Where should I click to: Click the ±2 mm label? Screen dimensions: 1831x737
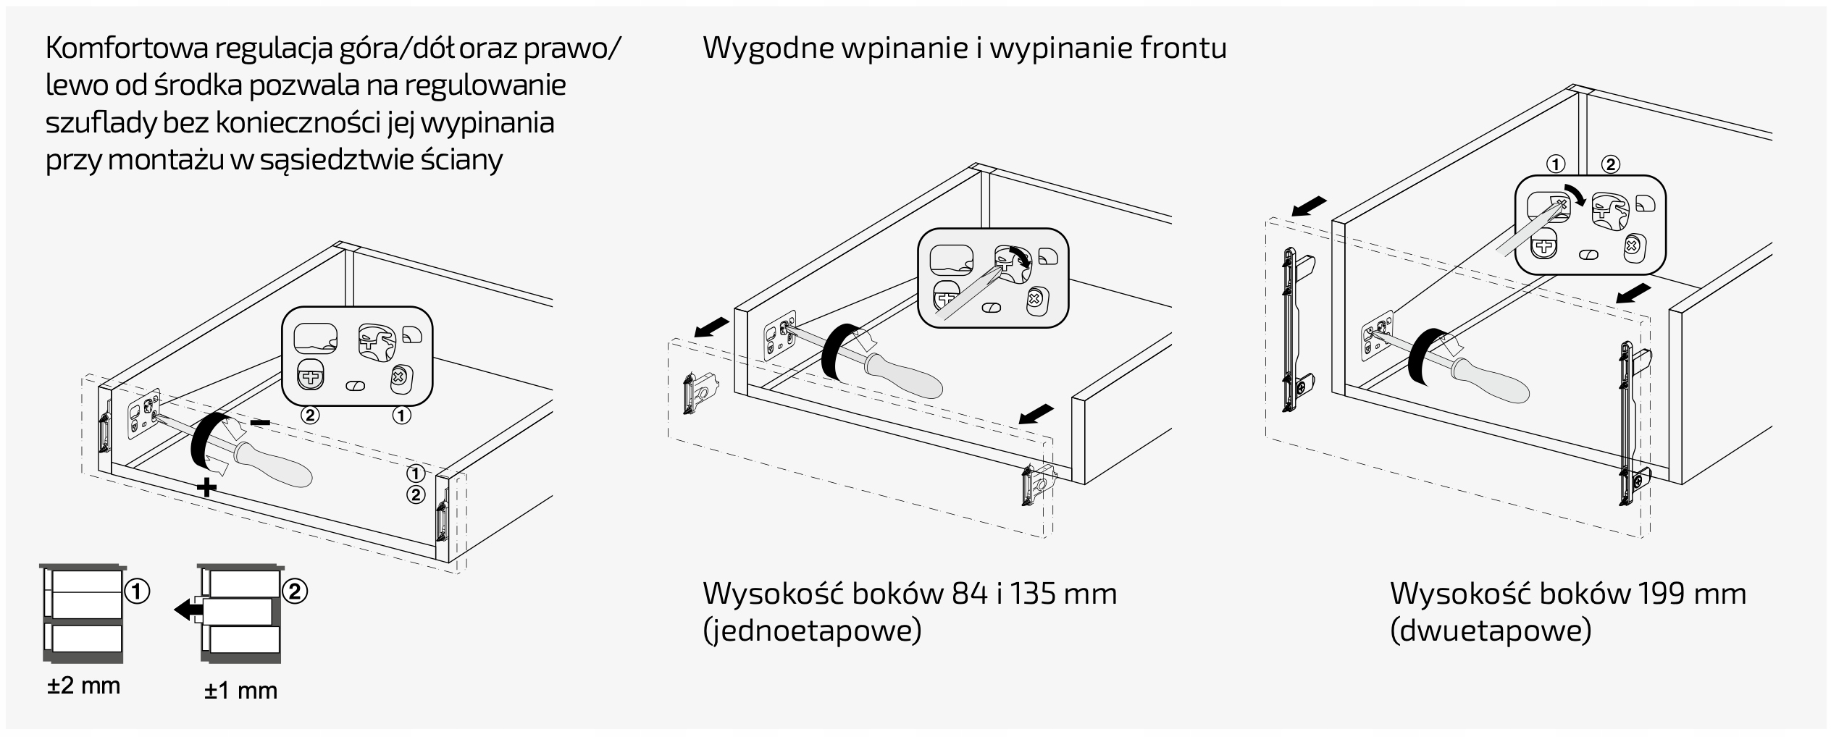tap(84, 685)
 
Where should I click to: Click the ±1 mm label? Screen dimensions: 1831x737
tap(240, 691)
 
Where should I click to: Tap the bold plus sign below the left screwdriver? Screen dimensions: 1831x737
tap(207, 487)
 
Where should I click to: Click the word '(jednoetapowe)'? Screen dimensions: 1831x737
tap(812, 631)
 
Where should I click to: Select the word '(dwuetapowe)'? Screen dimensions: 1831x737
tap(1491, 631)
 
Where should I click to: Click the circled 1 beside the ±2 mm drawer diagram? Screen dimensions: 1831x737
tap(137, 591)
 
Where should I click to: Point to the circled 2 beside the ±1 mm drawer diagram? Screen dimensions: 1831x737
tap(295, 591)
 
